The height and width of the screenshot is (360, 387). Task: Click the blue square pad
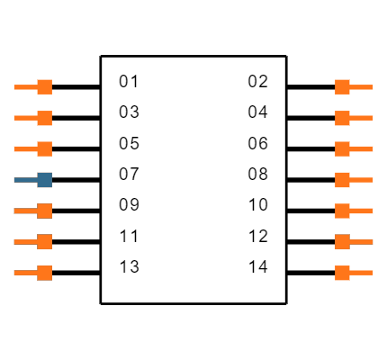[x=44, y=180]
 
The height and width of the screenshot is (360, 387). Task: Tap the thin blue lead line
[x=25, y=180]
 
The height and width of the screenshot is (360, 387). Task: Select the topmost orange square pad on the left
[x=44, y=87]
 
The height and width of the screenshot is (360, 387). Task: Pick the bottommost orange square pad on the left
[x=44, y=273]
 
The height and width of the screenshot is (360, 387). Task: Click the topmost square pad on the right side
[x=342, y=87]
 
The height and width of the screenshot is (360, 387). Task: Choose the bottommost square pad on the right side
[x=342, y=273]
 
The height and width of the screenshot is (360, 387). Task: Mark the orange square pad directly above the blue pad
[x=44, y=149]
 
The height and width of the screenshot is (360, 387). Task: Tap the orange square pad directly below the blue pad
[x=44, y=211]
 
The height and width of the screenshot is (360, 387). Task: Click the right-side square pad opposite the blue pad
[x=342, y=180]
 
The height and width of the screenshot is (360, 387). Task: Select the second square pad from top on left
[x=44, y=118]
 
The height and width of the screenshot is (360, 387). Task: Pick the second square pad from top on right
[x=342, y=118]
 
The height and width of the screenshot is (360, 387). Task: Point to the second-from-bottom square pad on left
[x=44, y=242]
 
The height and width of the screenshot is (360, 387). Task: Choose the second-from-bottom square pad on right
[x=342, y=242]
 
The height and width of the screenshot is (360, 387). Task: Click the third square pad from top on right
[x=342, y=149]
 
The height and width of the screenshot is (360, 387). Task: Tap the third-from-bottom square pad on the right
[x=342, y=211]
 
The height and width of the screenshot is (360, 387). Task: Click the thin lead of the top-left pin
[x=25, y=87]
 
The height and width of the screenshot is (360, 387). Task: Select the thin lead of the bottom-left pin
[x=25, y=273]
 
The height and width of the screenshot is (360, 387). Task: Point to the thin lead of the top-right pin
[x=362, y=87]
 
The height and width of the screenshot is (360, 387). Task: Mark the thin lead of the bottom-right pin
[x=362, y=273]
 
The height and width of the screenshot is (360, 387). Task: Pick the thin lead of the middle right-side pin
[x=362, y=180]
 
